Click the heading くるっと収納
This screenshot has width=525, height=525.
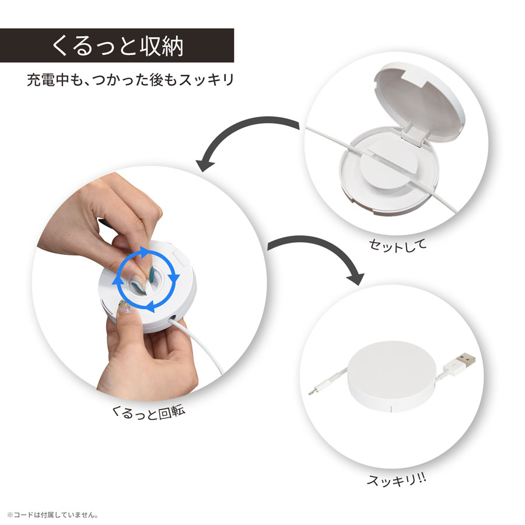pos(117,45)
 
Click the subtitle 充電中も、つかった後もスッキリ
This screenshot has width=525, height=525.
pos(130,79)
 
